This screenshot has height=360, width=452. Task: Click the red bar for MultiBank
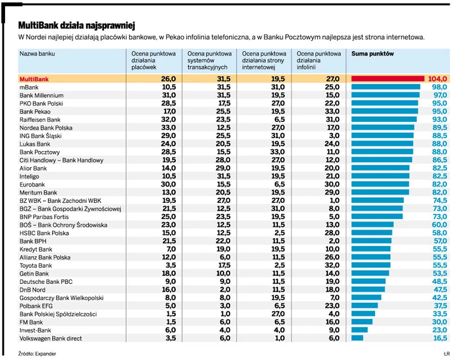[387, 79]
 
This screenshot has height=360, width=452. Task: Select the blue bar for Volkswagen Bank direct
[357, 338]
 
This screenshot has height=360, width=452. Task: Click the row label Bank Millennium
[38, 95]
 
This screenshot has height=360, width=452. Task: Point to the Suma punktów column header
[372, 54]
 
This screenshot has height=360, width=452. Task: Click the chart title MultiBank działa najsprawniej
[77, 26]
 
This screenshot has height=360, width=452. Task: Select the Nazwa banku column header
[38, 54]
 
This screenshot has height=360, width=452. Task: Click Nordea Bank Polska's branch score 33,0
[168, 128]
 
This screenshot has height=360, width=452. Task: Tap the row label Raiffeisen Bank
[40, 120]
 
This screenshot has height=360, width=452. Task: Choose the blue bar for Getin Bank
[370, 273]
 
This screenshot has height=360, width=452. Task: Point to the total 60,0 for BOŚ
[439, 225]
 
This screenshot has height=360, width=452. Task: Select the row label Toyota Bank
[36, 265]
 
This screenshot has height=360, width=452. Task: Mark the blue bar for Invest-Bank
[359, 330]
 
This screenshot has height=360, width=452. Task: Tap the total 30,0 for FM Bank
[439, 322]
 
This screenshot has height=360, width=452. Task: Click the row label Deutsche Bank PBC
[46, 281]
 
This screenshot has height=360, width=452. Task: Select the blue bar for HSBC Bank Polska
[372, 233]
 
